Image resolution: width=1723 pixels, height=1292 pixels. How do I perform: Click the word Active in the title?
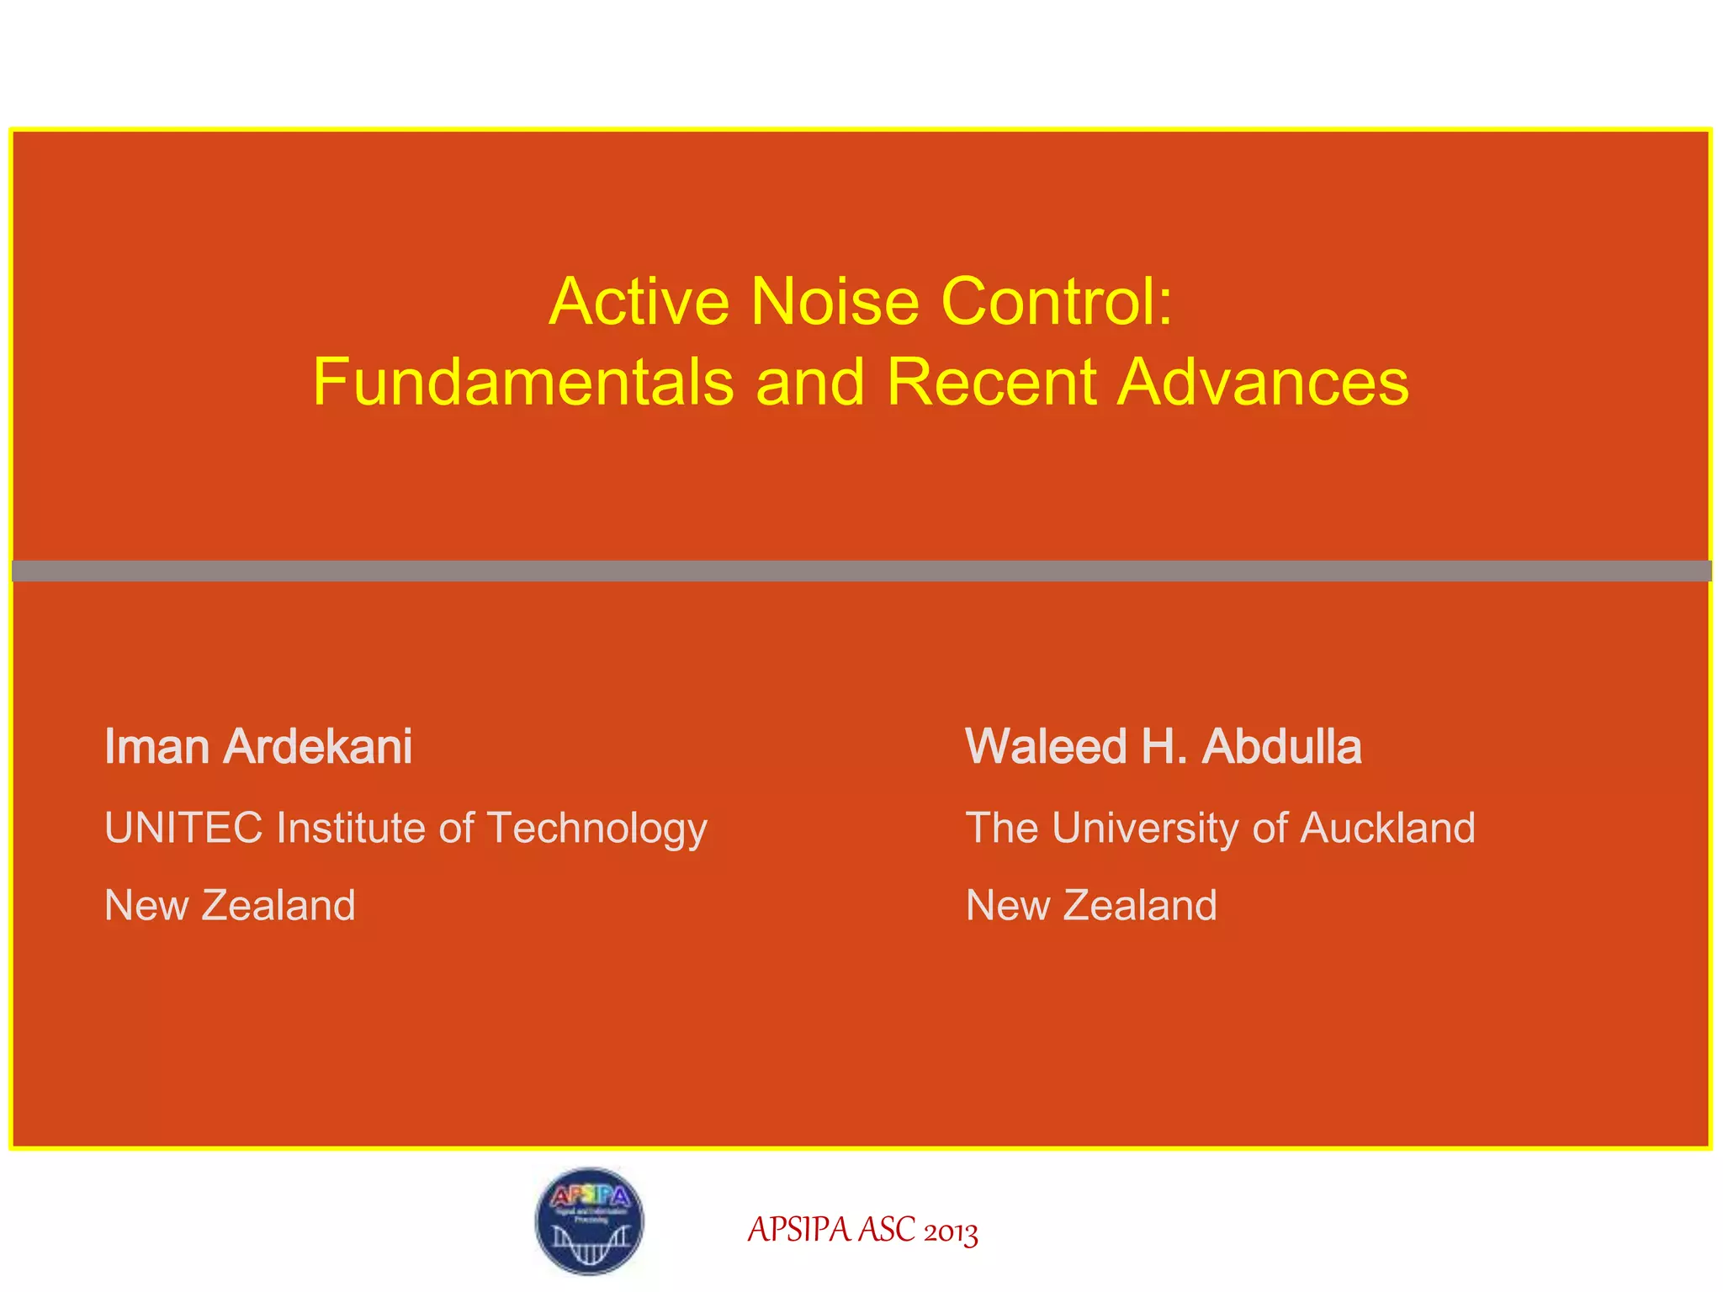click(x=639, y=302)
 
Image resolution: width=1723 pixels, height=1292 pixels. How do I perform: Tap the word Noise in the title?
click(x=835, y=302)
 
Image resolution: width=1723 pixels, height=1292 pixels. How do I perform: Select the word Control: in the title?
click(x=1057, y=302)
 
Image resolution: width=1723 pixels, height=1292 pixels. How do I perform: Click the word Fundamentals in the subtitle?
click(x=522, y=382)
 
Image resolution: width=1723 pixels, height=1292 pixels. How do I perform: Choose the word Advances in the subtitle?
click(x=1263, y=382)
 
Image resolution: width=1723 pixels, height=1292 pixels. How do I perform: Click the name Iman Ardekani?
click(x=258, y=747)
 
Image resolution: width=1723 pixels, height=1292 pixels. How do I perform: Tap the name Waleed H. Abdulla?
click(x=1164, y=747)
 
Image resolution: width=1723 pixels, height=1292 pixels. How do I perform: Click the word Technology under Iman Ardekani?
click(x=596, y=829)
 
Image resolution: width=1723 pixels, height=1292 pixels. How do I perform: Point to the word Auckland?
click(x=1388, y=828)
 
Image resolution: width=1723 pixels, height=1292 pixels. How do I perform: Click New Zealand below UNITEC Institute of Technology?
click(x=230, y=906)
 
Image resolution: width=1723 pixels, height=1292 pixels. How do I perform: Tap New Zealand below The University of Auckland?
click(x=1091, y=906)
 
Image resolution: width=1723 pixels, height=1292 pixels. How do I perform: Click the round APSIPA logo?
click(x=590, y=1221)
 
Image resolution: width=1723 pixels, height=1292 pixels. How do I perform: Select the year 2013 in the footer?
click(x=951, y=1232)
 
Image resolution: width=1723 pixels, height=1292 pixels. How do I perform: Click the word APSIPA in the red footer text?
click(x=798, y=1231)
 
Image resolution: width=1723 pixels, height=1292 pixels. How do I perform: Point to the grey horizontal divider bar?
click(x=861, y=571)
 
